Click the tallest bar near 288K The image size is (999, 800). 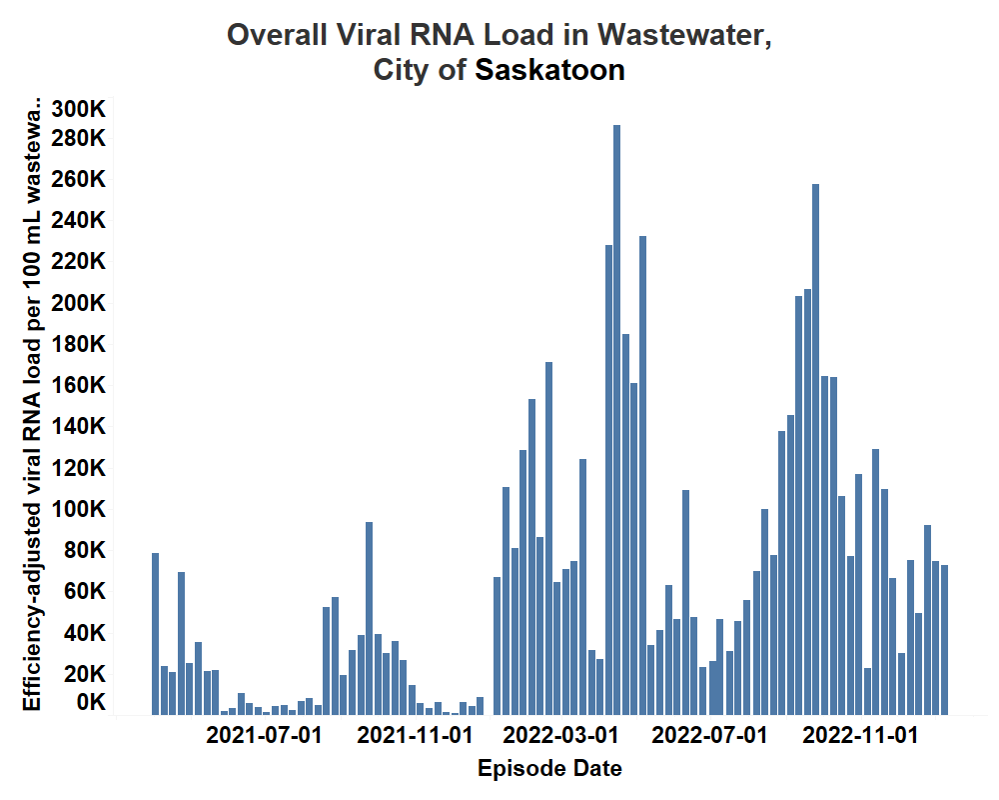(x=616, y=420)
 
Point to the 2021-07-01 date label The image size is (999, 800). (x=264, y=737)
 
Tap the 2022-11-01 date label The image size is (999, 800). (x=860, y=737)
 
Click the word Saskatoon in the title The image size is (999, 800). (x=549, y=71)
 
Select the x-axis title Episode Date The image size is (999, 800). (x=549, y=769)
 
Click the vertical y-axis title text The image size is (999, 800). (x=33, y=405)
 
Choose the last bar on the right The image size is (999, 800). (x=944, y=640)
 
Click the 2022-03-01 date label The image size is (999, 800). (x=560, y=737)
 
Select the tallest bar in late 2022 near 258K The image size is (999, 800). (x=815, y=450)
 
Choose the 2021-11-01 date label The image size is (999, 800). (x=415, y=737)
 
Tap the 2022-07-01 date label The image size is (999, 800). (x=709, y=737)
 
